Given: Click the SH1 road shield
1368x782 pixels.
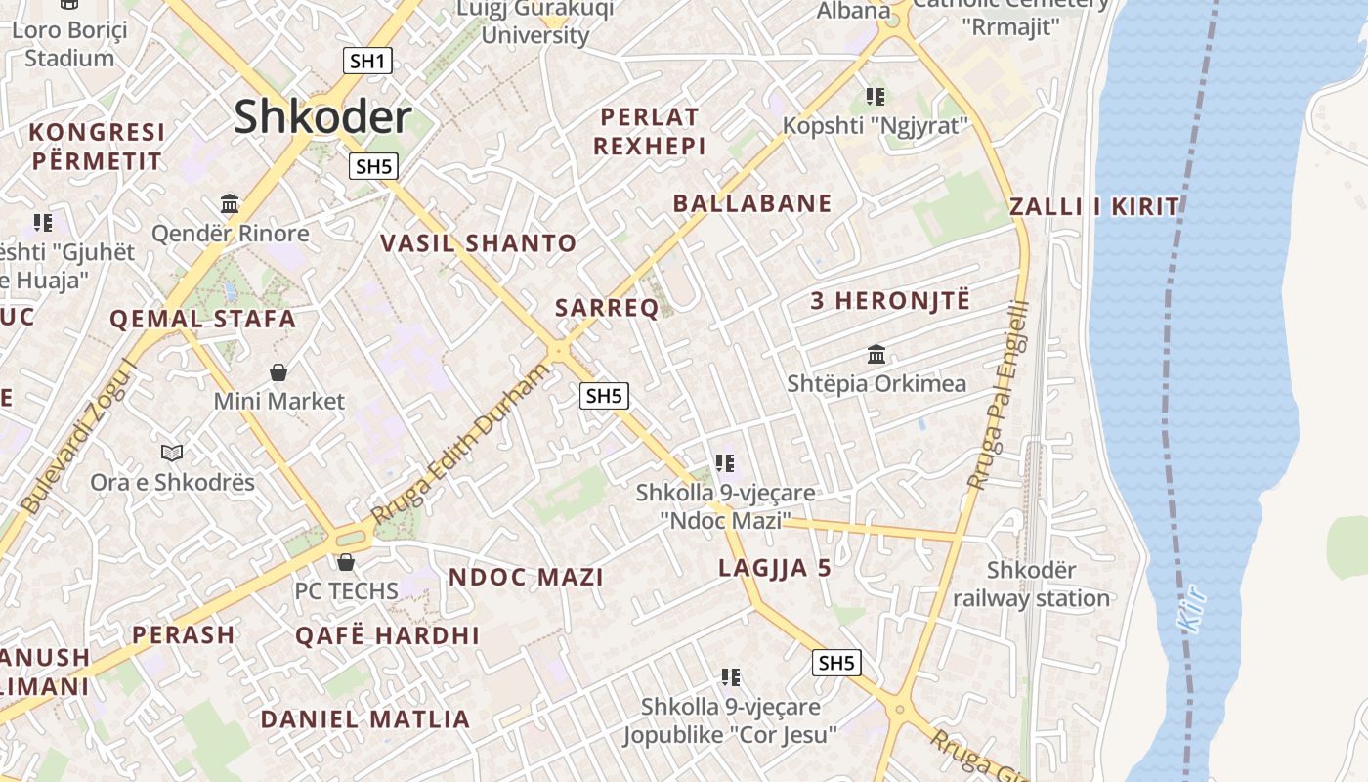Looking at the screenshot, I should (x=367, y=61).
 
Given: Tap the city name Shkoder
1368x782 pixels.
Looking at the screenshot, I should (x=321, y=117).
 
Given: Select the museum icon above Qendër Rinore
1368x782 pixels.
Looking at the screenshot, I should (x=230, y=203).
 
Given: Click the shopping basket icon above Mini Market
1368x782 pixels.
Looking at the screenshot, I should (x=278, y=372).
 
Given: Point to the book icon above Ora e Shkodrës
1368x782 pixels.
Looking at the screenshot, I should (x=172, y=453).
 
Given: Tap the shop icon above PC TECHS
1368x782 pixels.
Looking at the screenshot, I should (x=346, y=562).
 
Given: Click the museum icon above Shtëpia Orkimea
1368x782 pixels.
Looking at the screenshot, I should (x=876, y=354).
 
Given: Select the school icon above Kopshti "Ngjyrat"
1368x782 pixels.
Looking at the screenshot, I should (x=876, y=97).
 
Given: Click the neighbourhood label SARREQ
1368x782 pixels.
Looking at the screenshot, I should (x=607, y=308).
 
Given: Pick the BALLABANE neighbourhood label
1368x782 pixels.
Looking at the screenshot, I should (x=752, y=203).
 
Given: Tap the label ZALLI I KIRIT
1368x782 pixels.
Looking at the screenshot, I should (x=1094, y=206).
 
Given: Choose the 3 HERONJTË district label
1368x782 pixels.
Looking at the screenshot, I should (x=890, y=301).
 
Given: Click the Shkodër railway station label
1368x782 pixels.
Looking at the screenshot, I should (x=1031, y=584).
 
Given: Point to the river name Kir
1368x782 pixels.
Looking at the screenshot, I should (x=1192, y=608).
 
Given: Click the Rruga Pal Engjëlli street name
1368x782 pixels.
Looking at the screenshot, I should (x=998, y=394).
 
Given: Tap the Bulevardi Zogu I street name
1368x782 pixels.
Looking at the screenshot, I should (x=80, y=437).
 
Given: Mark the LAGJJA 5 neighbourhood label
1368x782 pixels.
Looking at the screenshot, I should (x=775, y=568).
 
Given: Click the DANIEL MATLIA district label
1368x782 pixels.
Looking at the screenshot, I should (x=365, y=719).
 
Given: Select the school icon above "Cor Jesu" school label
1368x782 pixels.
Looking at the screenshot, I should (x=730, y=676).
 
